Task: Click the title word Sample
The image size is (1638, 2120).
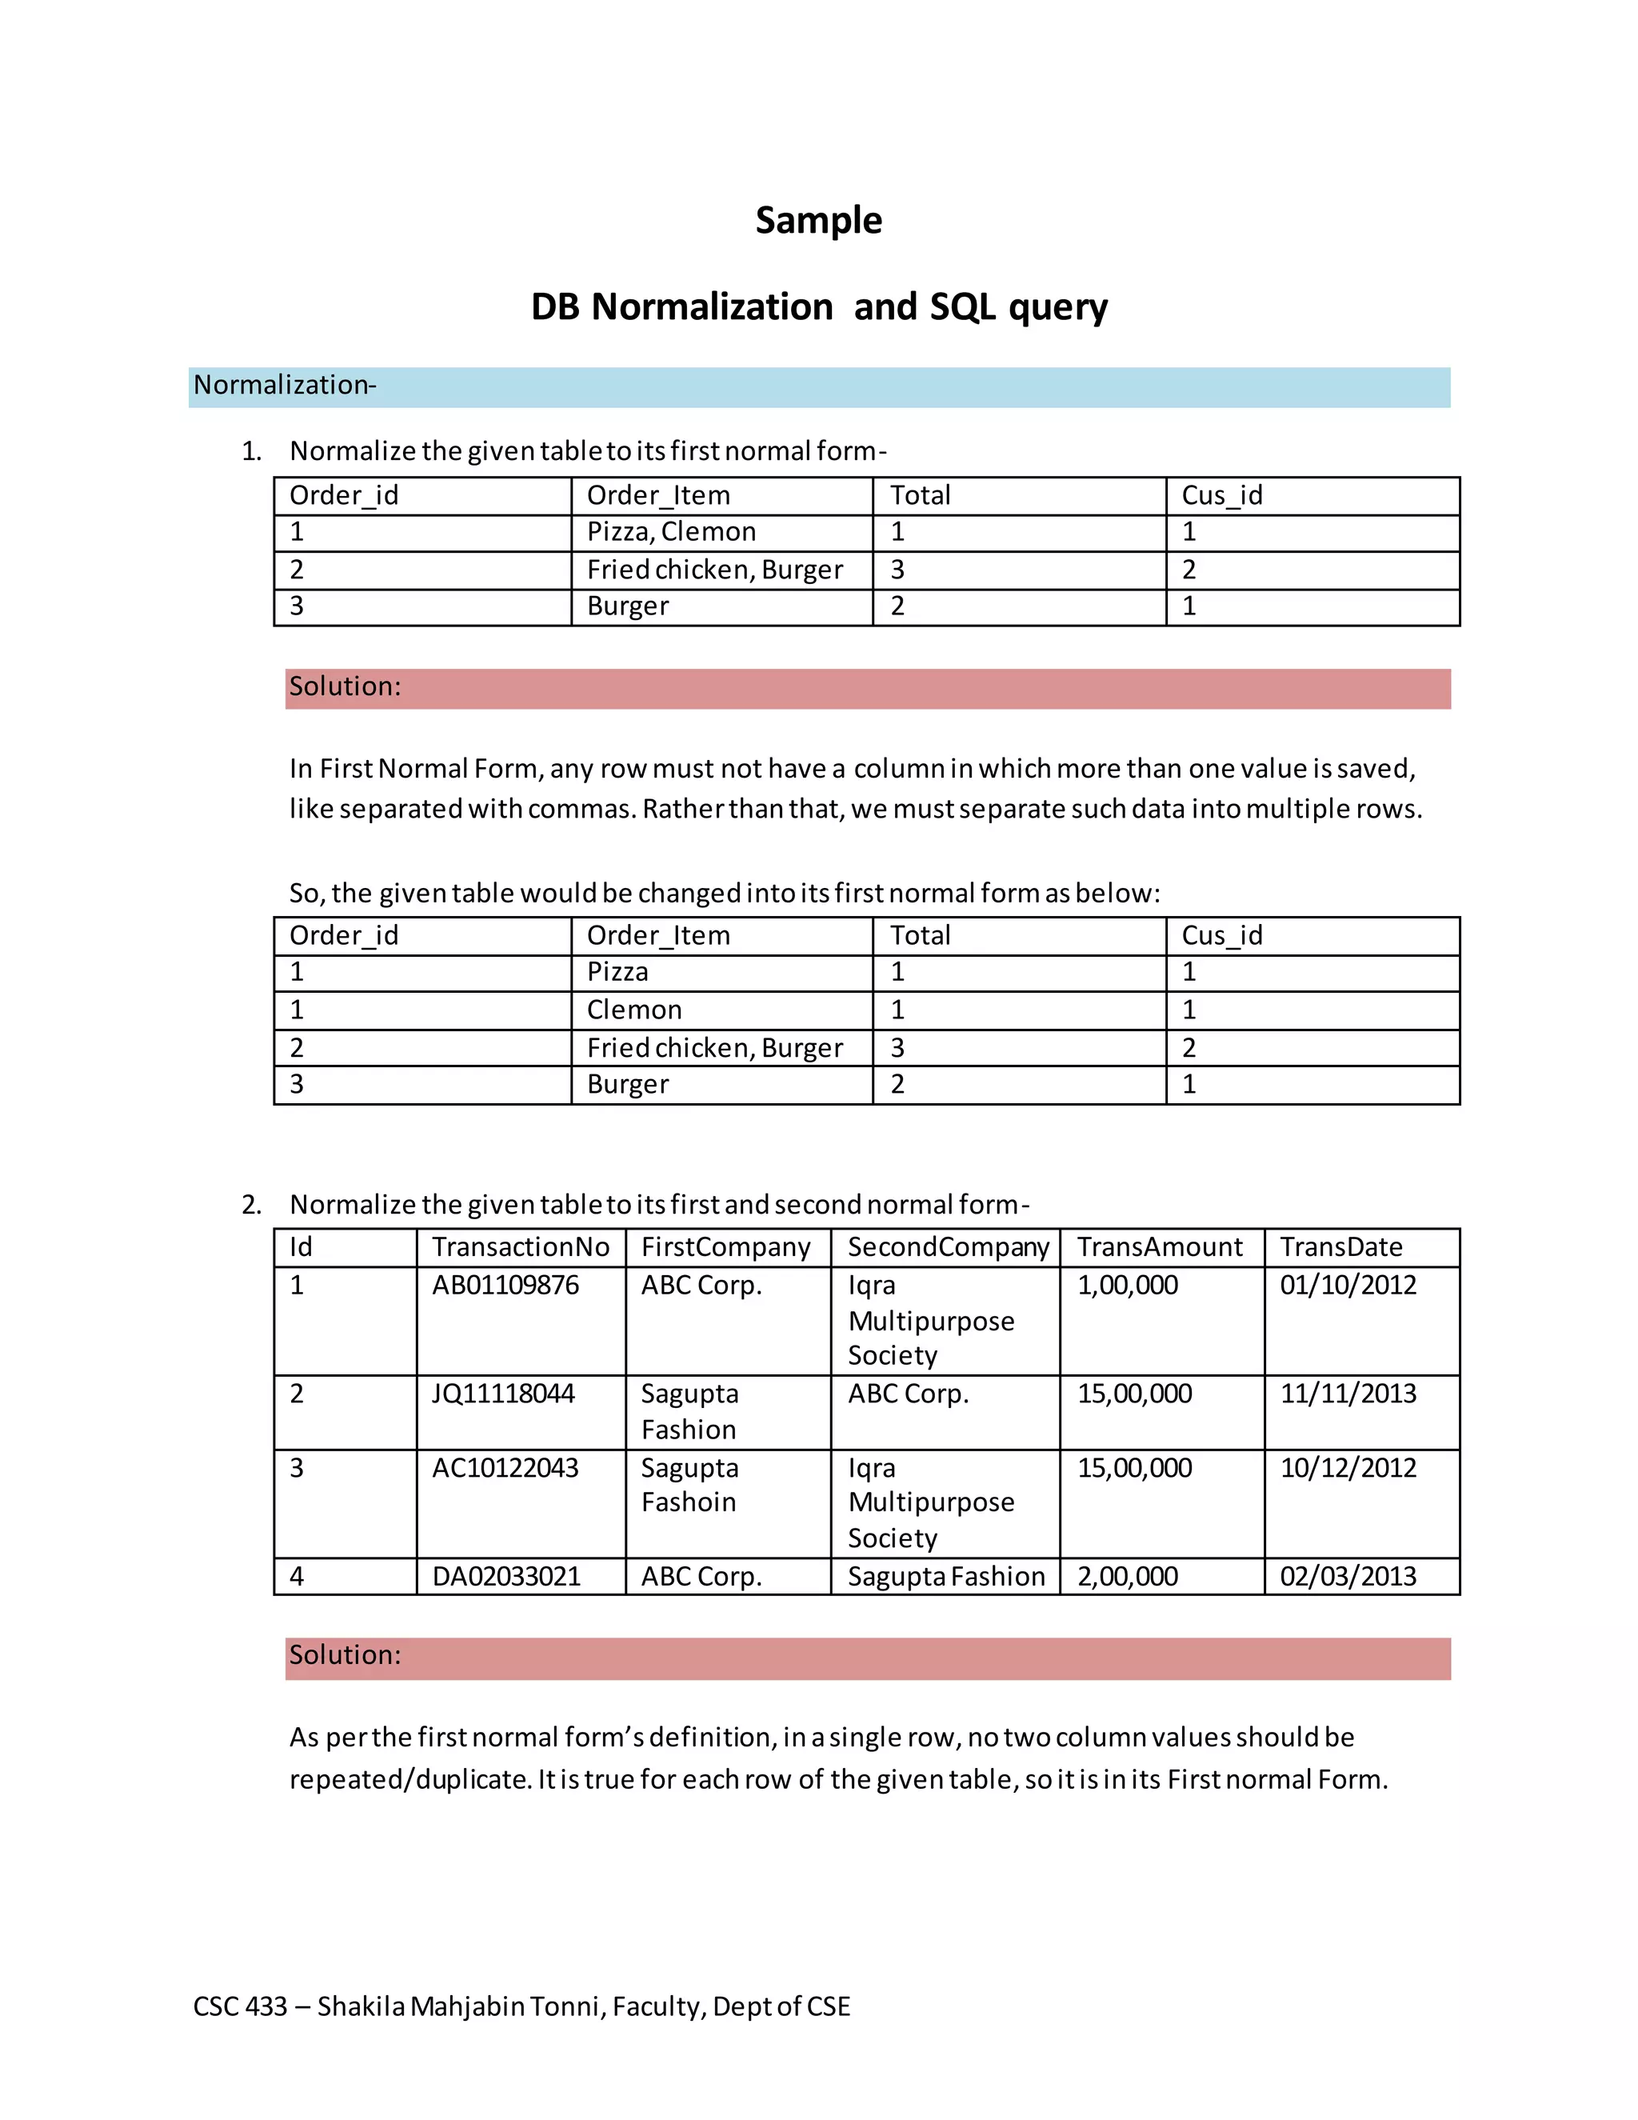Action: click(818, 220)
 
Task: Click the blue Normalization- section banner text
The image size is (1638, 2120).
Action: click(284, 386)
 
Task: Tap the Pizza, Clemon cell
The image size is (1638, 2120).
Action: click(670, 532)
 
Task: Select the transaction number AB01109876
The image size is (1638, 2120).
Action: click(505, 1286)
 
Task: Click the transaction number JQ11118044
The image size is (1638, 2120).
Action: click(502, 1394)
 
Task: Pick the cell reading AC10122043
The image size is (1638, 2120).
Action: click(505, 1468)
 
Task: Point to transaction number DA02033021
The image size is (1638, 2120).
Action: click(505, 1577)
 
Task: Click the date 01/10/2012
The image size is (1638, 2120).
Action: click(1348, 1286)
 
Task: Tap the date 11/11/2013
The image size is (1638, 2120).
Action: click(1348, 1394)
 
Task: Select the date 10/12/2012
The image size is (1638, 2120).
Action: click(1348, 1468)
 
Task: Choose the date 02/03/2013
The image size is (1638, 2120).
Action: click(1348, 1577)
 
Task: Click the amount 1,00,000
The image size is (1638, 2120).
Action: click(1128, 1286)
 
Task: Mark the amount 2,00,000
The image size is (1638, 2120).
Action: click(1128, 1577)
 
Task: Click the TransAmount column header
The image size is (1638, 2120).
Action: click(1160, 1247)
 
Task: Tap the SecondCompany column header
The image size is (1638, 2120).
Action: click(948, 1247)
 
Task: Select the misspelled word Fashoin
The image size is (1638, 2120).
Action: click(688, 1502)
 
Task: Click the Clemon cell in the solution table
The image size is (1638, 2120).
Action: click(633, 1010)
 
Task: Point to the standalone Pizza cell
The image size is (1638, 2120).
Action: click(617, 973)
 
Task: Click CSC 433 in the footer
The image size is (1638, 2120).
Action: click(240, 2006)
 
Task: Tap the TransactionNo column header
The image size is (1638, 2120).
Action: click(520, 1247)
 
